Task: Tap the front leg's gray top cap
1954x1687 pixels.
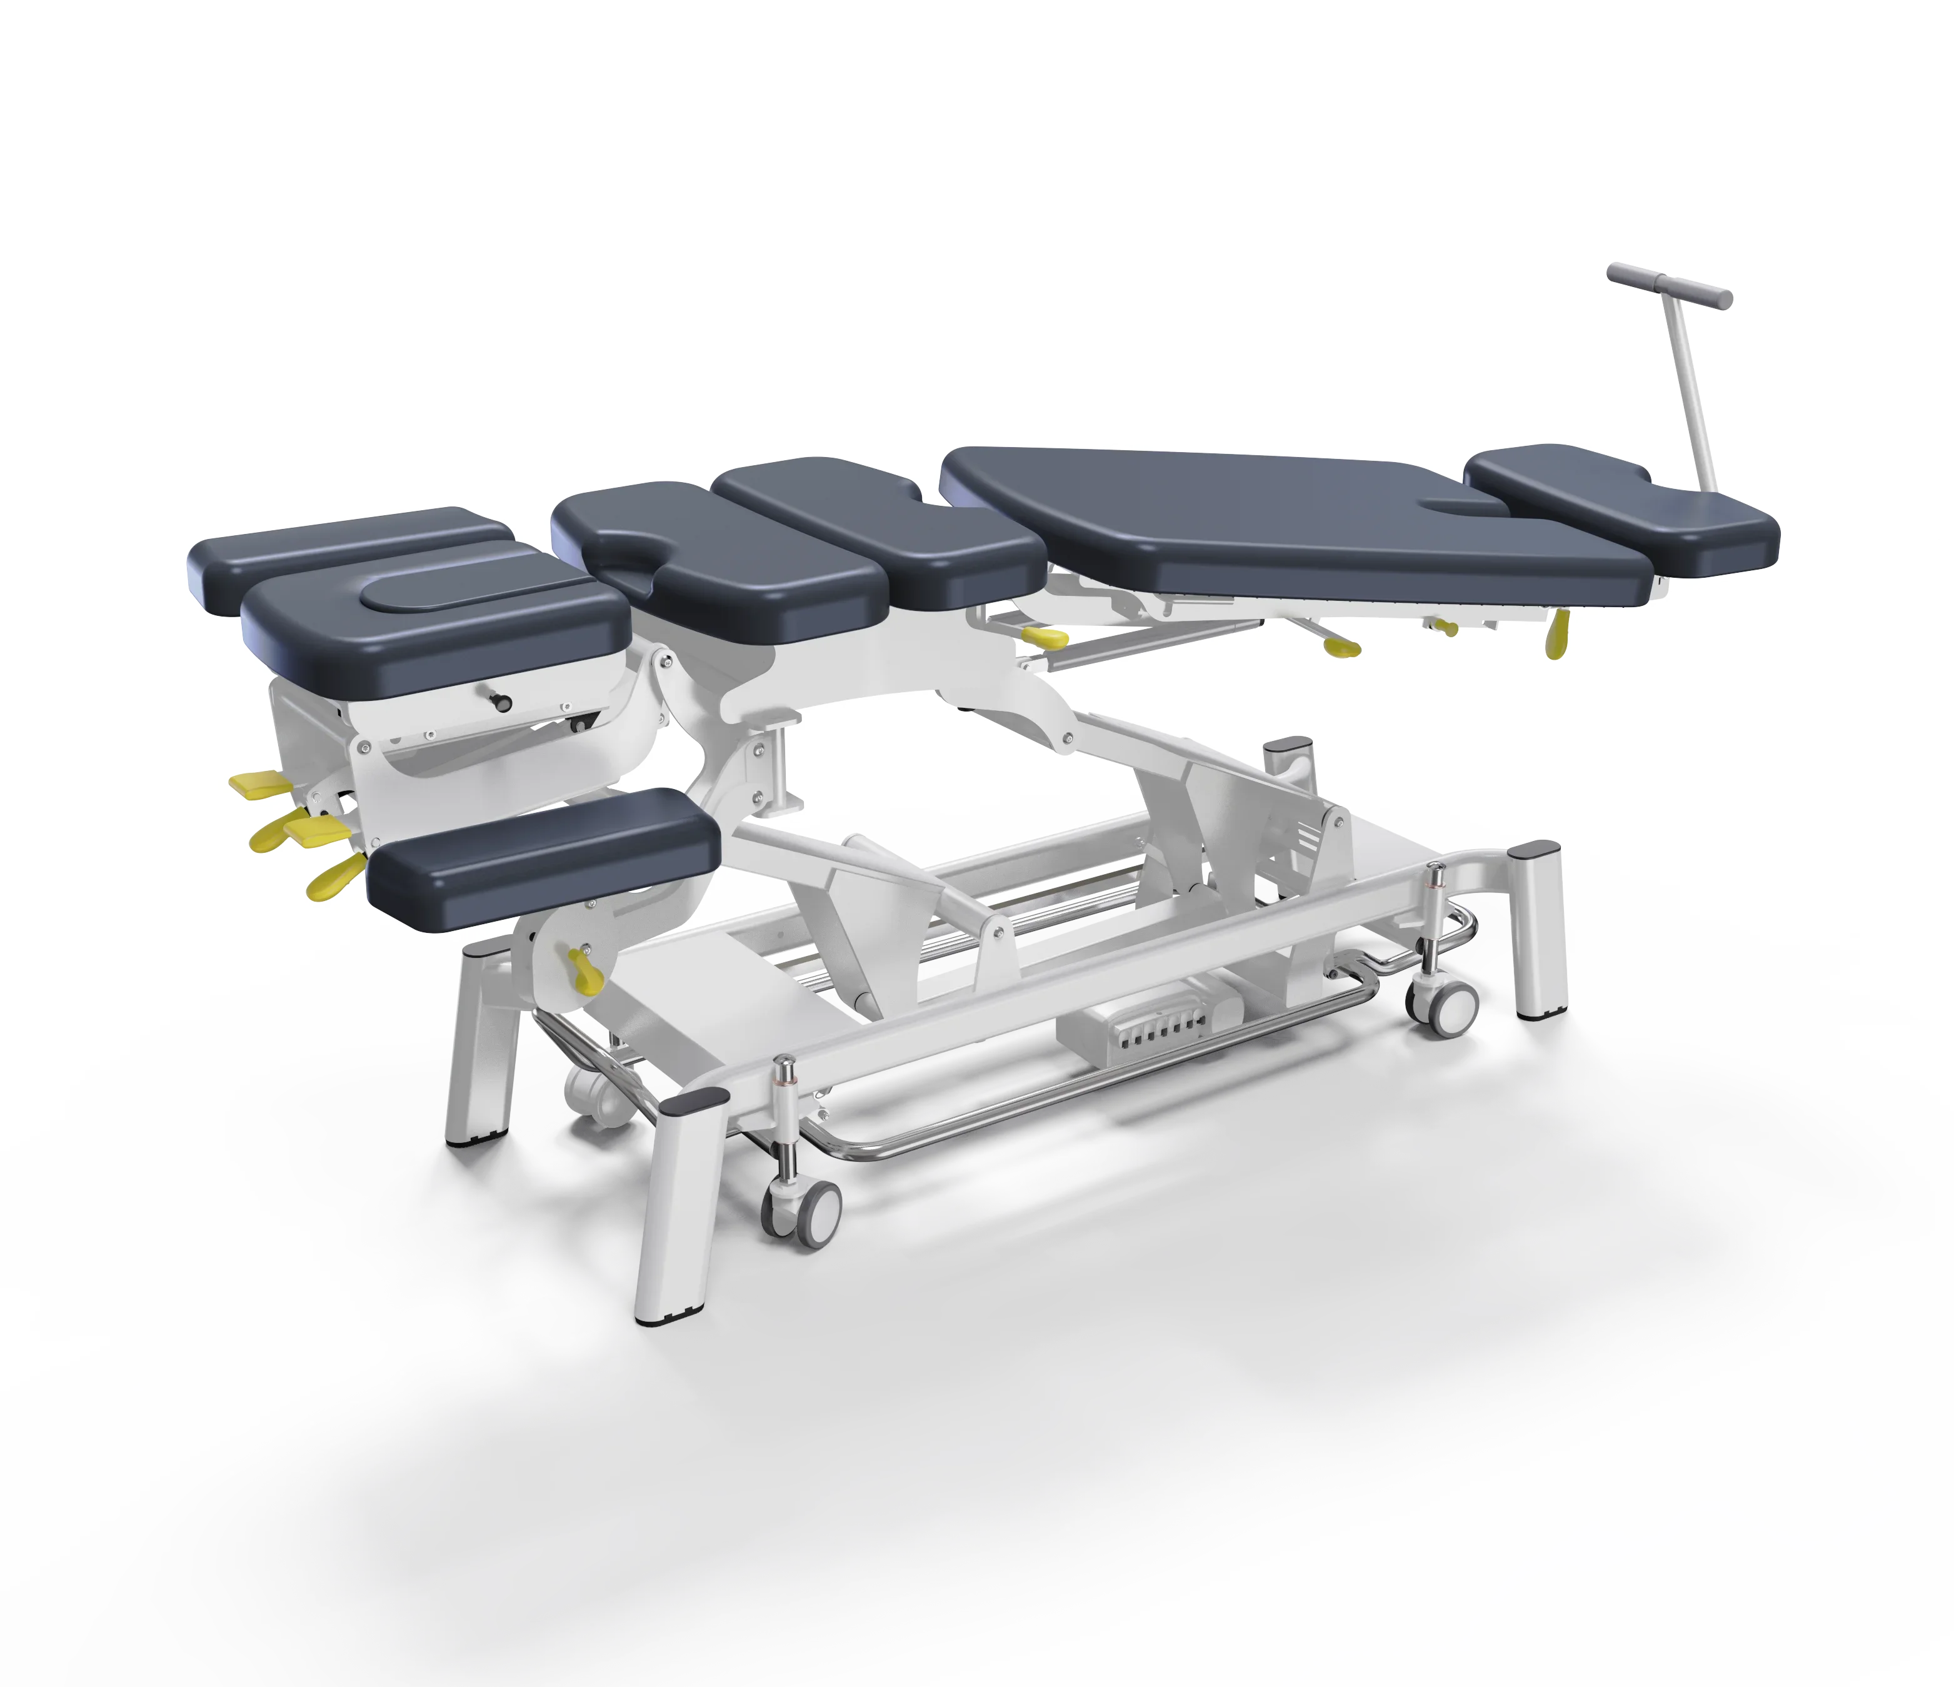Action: click(693, 1100)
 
